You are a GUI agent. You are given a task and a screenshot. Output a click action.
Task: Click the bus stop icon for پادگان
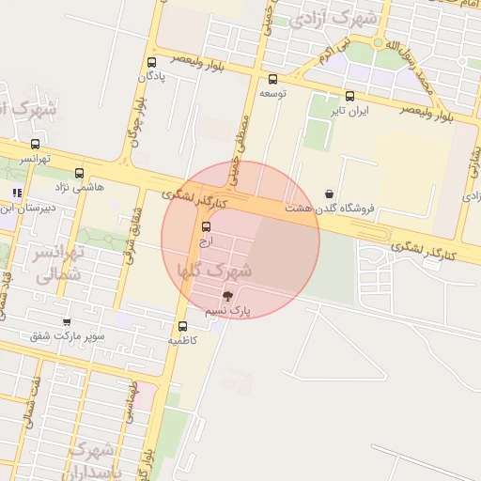[151, 63]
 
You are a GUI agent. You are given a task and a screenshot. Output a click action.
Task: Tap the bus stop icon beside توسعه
[272, 80]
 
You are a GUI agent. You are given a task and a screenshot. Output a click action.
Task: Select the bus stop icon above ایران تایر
[349, 96]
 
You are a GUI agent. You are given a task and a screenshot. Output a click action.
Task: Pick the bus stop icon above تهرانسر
[36, 144]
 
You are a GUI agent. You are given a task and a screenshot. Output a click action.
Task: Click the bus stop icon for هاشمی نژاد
[79, 173]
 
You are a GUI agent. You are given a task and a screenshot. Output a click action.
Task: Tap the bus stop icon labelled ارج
[207, 226]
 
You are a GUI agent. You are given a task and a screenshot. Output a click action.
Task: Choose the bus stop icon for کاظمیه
[182, 326]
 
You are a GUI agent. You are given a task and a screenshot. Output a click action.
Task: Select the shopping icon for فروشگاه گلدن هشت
[328, 194]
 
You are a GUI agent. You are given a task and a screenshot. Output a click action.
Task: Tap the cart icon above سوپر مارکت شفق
[67, 322]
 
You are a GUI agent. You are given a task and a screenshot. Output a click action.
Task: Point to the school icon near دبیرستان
[17, 193]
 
